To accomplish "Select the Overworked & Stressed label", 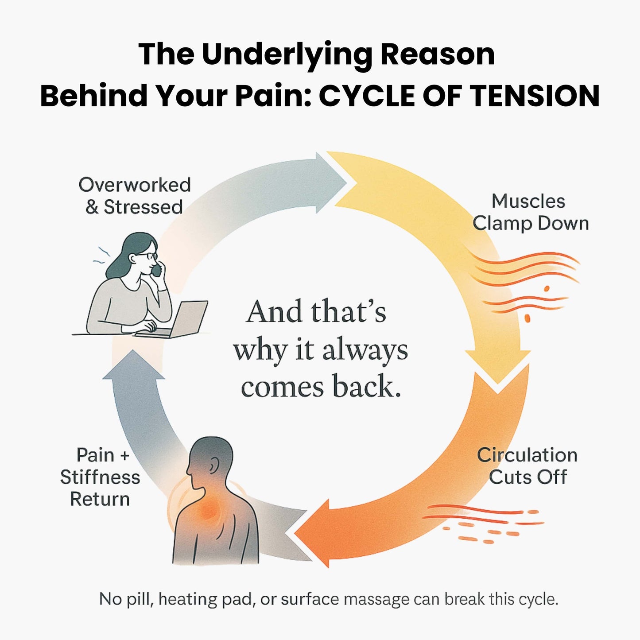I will (x=134, y=196).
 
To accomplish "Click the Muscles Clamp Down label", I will (x=530, y=212).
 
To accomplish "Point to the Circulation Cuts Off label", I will (x=527, y=466).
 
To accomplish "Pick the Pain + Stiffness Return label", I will (x=100, y=477).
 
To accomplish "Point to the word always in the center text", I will (x=365, y=351).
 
